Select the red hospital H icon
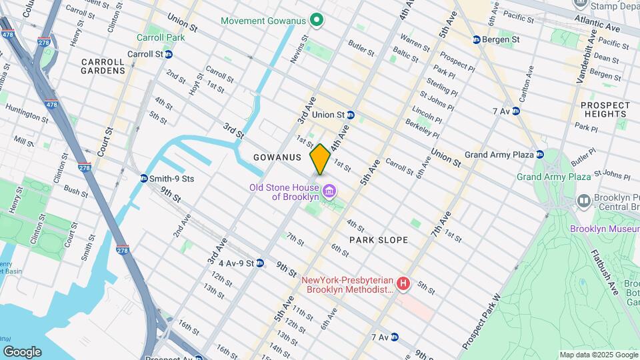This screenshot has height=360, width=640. (403, 285)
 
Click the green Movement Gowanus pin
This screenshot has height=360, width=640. (318, 21)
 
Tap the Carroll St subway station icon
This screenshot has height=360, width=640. (169, 54)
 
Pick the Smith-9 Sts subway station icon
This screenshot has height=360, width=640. (144, 179)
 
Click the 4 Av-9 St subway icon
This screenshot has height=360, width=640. (260, 263)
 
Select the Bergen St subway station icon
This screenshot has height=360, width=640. (477, 40)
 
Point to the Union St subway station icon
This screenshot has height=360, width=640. (350, 115)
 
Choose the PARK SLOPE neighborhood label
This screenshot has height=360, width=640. (378, 239)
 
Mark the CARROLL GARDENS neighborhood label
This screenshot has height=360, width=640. (103, 66)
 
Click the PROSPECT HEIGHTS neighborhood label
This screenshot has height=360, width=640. (605, 109)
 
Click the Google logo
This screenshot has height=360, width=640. (22, 351)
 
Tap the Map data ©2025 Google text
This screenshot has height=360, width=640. (599, 355)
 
